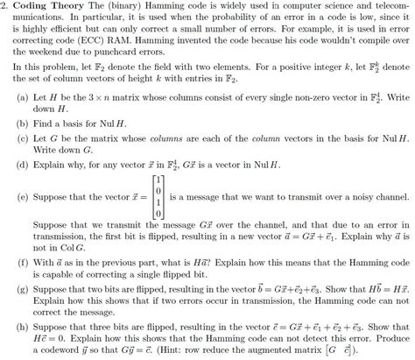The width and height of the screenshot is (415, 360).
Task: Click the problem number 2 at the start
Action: click(x=5, y=6)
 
